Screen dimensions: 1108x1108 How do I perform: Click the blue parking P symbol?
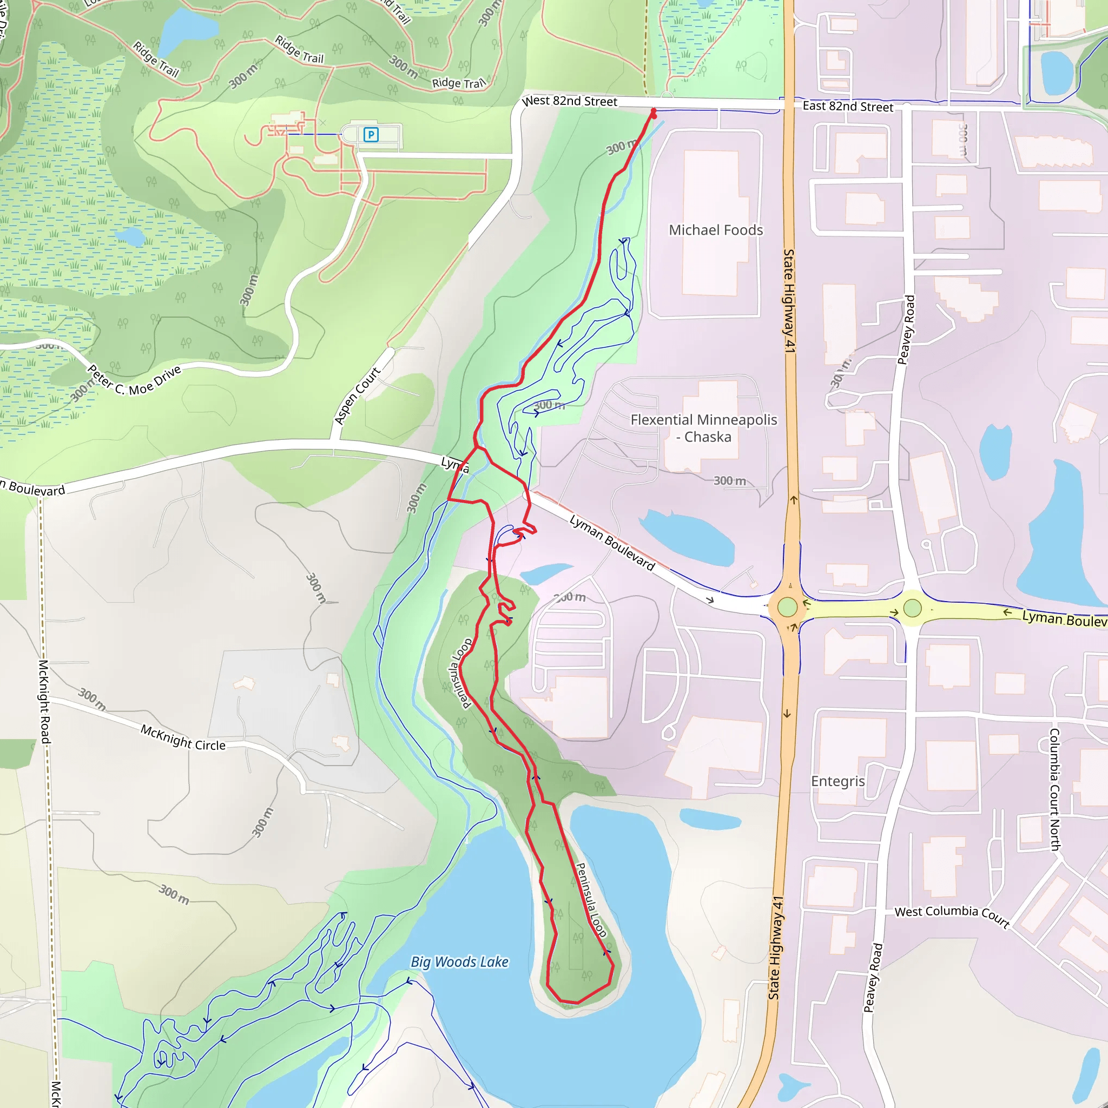point(371,135)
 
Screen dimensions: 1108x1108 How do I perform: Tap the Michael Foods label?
point(716,230)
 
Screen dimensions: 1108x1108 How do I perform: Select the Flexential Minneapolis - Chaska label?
point(704,428)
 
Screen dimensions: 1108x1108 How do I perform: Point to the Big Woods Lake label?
point(459,962)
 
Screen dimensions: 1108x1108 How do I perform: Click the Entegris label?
point(837,781)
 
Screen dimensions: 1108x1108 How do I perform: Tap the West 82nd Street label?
point(570,101)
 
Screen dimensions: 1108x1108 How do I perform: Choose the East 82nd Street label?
point(848,106)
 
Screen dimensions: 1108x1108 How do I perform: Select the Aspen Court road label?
point(357,396)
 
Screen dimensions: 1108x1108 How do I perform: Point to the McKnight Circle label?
point(183,737)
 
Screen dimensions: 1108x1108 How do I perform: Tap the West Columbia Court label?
point(952,916)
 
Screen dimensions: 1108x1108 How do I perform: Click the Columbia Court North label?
point(1054,789)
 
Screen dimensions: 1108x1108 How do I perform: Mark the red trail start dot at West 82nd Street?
point(653,112)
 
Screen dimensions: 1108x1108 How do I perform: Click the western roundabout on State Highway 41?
point(787,607)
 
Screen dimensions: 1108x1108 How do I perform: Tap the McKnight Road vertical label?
point(44,701)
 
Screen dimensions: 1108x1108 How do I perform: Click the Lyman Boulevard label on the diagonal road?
point(612,543)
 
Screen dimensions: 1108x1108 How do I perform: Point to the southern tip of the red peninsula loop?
point(568,1002)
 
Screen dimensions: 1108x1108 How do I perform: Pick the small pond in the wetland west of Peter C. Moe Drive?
point(130,236)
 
